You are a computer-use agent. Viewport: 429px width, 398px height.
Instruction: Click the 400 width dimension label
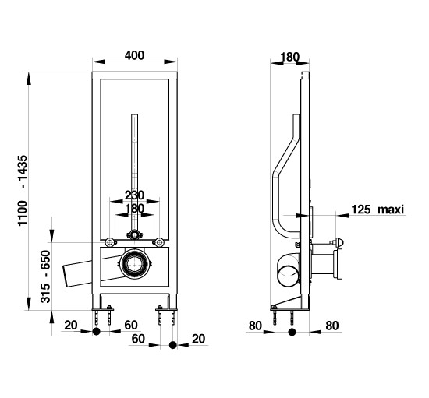point(134,55)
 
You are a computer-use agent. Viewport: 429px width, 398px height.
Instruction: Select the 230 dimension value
point(134,195)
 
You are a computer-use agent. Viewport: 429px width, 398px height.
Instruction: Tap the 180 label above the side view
point(290,57)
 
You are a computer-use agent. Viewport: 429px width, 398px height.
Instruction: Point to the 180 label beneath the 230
point(134,209)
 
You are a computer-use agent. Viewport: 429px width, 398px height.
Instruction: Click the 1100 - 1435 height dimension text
point(23,190)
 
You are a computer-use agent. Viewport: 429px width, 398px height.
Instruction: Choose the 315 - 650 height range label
point(46,276)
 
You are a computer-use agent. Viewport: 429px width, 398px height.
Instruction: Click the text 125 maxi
point(378,210)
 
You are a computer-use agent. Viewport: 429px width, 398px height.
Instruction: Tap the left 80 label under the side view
point(255,326)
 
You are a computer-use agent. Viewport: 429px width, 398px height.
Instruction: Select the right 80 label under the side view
point(331,326)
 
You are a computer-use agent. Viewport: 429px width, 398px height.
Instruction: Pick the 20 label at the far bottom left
point(71,326)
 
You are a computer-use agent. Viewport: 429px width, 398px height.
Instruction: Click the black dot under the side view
point(292,332)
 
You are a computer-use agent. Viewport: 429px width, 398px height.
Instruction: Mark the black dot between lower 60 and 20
point(172,345)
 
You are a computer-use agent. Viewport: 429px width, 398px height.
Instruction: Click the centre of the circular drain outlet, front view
point(134,264)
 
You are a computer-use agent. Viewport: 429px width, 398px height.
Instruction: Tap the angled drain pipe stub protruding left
point(77,274)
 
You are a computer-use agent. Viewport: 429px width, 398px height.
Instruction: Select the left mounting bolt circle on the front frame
point(110,242)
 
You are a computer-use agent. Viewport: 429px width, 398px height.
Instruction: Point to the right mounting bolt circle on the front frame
point(158,242)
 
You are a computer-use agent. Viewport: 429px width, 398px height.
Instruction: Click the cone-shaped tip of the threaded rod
point(339,242)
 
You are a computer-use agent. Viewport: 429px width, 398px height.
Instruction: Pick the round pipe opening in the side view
point(288,276)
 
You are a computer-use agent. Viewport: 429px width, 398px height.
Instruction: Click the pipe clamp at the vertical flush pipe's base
point(134,234)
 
